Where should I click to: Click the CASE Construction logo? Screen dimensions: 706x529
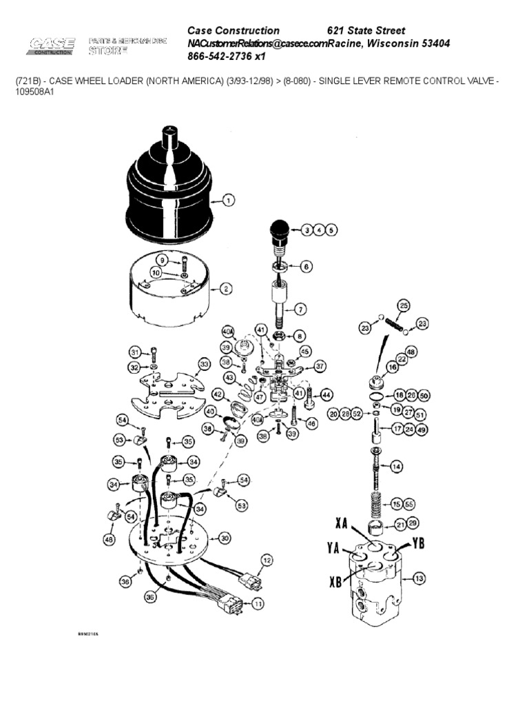click(52, 46)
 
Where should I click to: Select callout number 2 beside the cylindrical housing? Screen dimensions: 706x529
click(225, 290)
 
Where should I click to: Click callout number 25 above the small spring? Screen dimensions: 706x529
click(404, 305)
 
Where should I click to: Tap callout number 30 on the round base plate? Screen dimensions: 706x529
click(224, 538)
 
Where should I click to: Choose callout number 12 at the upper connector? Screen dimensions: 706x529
click(267, 560)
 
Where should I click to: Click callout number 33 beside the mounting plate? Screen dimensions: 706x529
click(204, 363)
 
